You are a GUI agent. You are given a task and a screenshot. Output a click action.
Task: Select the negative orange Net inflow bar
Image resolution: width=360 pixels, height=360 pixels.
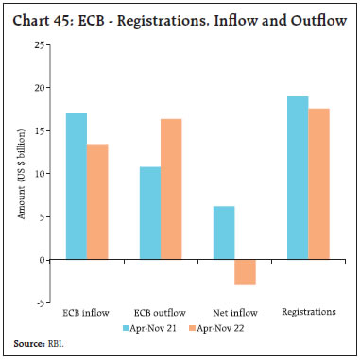pyautogui.click(x=246, y=271)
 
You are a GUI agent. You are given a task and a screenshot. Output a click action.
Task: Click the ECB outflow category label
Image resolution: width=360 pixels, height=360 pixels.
pyautogui.click(x=161, y=313)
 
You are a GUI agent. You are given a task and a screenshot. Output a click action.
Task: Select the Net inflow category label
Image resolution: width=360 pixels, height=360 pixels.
pyautogui.click(x=233, y=313)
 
